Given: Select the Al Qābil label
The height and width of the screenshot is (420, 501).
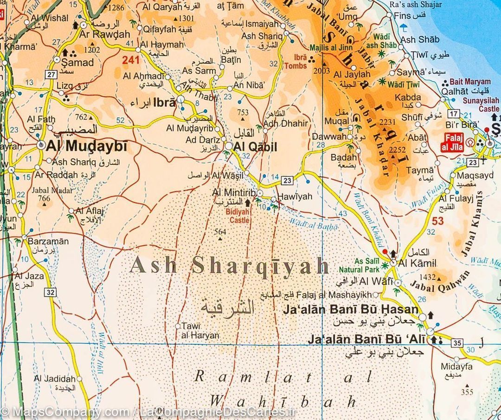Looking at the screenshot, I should click(x=256, y=147).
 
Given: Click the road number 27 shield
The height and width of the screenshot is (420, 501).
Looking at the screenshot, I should click(x=51, y=75).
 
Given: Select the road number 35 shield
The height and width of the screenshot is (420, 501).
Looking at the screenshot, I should click(x=457, y=343).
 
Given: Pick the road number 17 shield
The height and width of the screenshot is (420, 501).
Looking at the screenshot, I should click(x=453, y=113).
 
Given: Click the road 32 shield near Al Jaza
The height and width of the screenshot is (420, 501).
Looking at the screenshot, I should click(x=51, y=292).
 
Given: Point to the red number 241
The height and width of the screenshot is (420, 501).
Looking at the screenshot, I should click(x=131, y=59).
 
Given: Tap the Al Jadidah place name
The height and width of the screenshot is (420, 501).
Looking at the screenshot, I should click(x=54, y=379).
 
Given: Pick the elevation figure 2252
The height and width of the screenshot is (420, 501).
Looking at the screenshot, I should click(x=397, y=150).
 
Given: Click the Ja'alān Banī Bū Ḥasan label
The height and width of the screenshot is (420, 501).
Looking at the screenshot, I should click(x=350, y=309).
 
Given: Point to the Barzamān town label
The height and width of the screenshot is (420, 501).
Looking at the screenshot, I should click(x=48, y=242).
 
